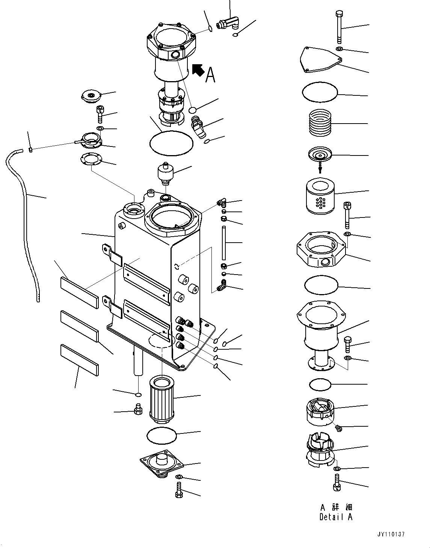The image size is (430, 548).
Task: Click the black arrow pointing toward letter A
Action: pyautogui.click(x=198, y=70)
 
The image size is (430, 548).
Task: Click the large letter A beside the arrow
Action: pyautogui.click(x=211, y=75)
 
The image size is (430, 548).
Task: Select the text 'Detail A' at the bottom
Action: pyautogui.click(x=336, y=517)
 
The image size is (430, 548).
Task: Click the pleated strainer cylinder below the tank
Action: pyautogui.click(x=162, y=401)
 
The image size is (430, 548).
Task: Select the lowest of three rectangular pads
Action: pyautogui.click(x=79, y=360)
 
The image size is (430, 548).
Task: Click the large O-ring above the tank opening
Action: pyautogui.click(x=171, y=143)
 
